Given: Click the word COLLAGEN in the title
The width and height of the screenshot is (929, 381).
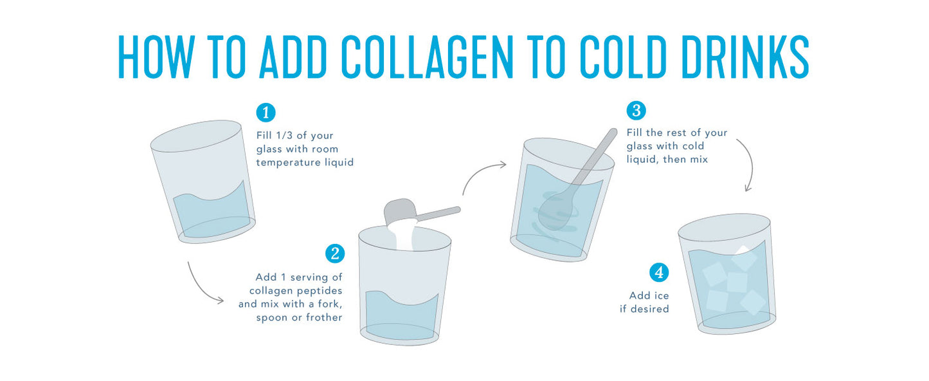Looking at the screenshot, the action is coord(427,57).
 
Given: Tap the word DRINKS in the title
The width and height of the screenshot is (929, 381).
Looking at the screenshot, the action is coord(744,57).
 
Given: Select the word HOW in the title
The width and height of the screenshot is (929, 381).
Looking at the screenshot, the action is coord(157,57).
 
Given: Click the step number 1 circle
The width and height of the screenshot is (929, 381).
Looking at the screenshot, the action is coord(266,113).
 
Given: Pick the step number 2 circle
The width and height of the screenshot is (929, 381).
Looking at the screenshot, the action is coord(335,253).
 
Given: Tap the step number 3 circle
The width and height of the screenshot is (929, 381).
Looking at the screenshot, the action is coord(636,111).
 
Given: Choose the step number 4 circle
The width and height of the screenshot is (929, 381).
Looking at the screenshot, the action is coord(659,272).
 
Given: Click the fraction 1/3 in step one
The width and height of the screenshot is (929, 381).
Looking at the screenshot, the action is coord(284,136).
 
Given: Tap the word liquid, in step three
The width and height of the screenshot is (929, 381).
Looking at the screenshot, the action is coord(643,160).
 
